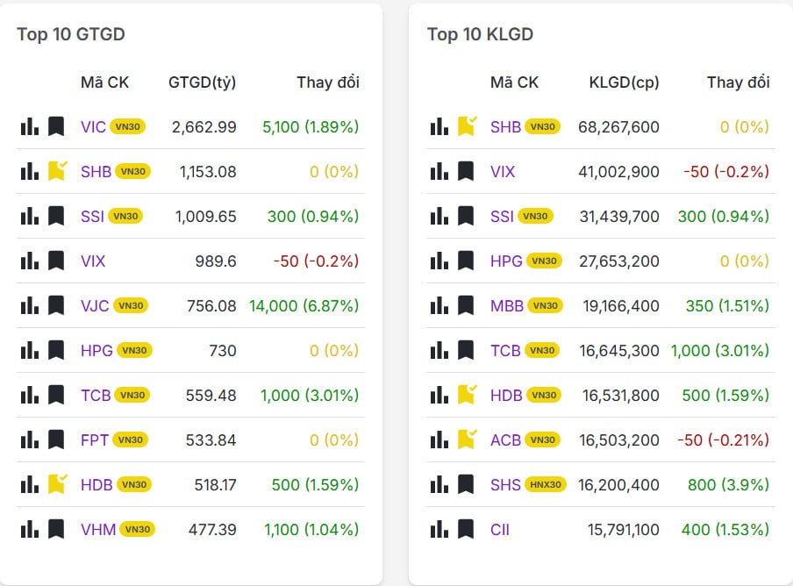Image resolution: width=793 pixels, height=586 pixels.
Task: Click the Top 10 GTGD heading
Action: (x=71, y=34)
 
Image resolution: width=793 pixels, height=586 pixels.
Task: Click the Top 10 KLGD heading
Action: (x=480, y=34)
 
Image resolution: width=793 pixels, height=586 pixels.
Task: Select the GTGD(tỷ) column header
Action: (x=202, y=82)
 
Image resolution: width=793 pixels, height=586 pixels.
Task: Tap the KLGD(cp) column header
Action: (x=624, y=82)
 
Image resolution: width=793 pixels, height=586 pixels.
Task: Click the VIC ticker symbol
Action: (x=93, y=126)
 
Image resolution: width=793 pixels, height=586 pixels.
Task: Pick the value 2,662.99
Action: (x=204, y=126)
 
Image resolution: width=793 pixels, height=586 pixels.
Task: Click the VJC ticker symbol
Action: (x=95, y=305)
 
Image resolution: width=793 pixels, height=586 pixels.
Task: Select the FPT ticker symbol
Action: (x=95, y=439)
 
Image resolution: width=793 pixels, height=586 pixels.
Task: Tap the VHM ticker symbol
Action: (x=98, y=529)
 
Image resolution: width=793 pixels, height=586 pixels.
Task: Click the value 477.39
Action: (x=212, y=529)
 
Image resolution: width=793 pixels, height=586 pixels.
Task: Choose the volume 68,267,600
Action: (x=618, y=126)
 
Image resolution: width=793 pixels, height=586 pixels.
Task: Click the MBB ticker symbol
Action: (x=507, y=305)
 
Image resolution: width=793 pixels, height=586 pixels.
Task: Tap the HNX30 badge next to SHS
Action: (x=546, y=484)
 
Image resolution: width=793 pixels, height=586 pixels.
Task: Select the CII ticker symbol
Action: (x=500, y=529)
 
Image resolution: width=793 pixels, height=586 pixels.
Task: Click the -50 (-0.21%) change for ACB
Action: (x=725, y=439)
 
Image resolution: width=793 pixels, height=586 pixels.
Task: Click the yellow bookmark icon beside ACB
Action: (x=467, y=439)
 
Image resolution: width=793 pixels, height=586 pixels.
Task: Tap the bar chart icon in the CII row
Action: (x=439, y=529)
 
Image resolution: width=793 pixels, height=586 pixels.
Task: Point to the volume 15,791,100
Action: (x=618, y=529)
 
